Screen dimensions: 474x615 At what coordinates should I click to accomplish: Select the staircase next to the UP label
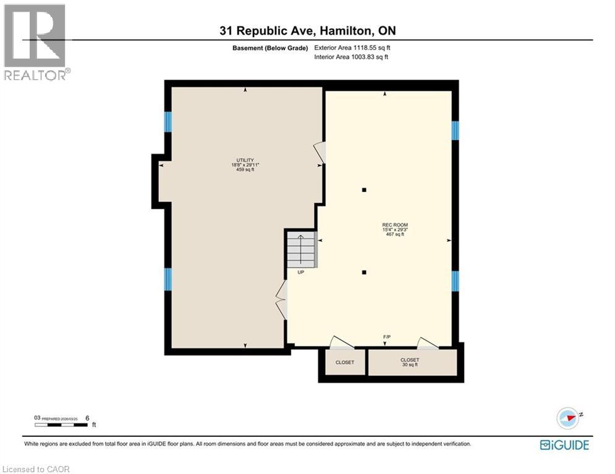(301, 249)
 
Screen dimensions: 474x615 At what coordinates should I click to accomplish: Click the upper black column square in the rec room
(365, 190)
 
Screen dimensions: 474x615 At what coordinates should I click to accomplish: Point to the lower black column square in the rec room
(365, 272)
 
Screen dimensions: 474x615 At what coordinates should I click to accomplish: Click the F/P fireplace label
(386, 337)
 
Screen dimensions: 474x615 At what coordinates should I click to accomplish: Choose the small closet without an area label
(344, 362)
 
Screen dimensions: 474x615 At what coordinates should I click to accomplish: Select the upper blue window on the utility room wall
(168, 122)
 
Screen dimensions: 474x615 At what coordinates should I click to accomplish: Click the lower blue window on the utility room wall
(168, 279)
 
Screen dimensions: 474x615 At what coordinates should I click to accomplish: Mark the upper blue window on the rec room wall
(455, 130)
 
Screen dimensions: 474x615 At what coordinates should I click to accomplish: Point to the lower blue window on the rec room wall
(455, 281)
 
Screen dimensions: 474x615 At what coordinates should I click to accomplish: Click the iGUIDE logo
(564, 445)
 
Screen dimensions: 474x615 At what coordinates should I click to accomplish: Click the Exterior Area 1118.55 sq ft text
(351, 48)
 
